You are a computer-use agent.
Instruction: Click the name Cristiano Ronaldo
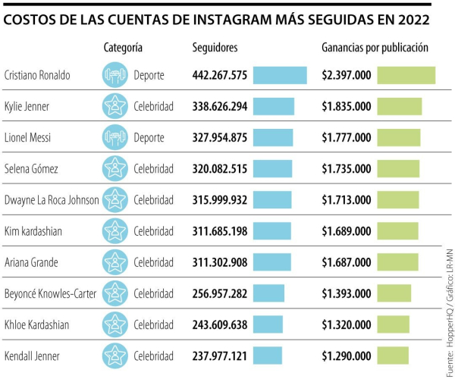(x=37, y=75)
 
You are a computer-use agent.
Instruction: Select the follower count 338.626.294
(x=220, y=106)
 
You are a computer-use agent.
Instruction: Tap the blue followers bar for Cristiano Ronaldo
(x=280, y=75)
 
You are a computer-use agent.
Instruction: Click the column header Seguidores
(x=215, y=48)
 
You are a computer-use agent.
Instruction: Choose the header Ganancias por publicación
(x=375, y=48)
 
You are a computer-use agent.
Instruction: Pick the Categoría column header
(x=123, y=48)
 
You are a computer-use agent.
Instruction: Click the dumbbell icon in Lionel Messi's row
(x=115, y=137)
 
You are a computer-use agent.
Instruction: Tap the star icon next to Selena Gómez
(x=115, y=168)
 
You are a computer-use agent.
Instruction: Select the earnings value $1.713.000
(x=347, y=199)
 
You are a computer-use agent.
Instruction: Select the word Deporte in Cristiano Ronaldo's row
(x=149, y=75)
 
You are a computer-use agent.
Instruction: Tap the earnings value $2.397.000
(x=347, y=75)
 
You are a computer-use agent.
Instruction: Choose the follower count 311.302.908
(x=220, y=262)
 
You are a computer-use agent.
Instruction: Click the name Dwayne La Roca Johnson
(x=52, y=199)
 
